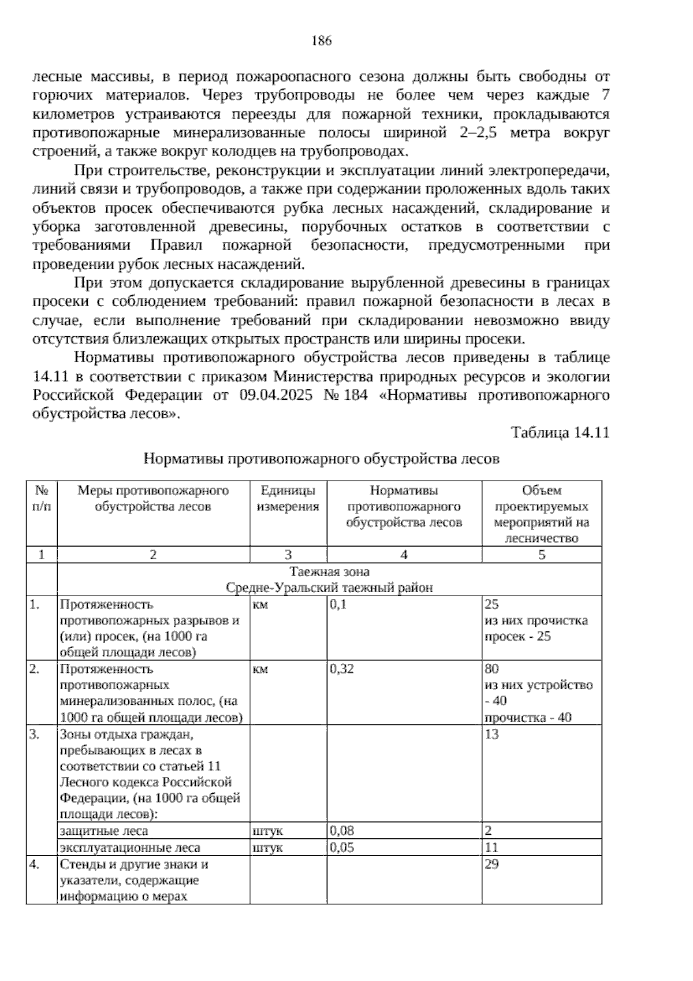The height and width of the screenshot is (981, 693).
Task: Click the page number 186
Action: coord(321,41)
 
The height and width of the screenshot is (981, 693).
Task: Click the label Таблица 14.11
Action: coord(560,433)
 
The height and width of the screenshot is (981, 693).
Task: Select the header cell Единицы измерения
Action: coord(288,499)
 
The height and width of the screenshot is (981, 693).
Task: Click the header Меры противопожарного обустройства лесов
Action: coord(153,499)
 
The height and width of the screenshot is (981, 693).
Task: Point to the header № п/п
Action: coord(41,499)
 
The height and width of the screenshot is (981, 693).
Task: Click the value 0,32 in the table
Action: coord(342,669)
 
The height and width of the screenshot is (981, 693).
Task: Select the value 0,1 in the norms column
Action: coord(338,604)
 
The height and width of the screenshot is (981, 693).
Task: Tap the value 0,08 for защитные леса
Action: coord(341,831)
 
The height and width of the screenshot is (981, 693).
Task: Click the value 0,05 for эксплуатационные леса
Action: coord(341,848)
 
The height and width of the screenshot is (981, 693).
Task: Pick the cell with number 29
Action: coord(492,864)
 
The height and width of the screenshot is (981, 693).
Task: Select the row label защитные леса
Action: coord(104,831)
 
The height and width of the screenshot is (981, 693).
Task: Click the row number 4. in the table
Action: coord(35,864)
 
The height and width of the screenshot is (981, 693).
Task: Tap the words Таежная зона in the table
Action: coord(329,571)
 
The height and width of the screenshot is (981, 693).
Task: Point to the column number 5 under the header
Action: coord(541,555)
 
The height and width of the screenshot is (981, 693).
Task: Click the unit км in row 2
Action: coord(260,669)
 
